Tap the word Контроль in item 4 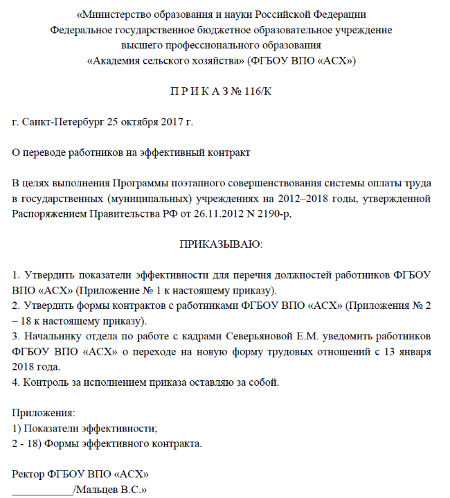pyautogui.click(x=44, y=382)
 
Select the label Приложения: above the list pyautogui.click(x=44, y=413)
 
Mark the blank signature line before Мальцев pyautogui.click(x=43, y=492)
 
